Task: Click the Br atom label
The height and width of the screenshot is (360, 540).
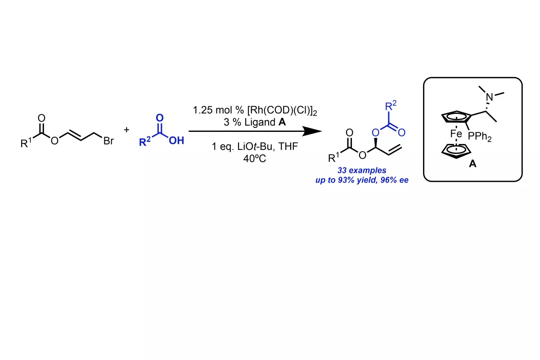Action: (x=108, y=140)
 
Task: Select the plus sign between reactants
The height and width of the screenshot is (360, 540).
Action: (x=126, y=130)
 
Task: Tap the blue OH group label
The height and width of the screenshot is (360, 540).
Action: (x=176, y=140)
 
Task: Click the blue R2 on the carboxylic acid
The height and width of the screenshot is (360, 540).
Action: (x=145, y=141)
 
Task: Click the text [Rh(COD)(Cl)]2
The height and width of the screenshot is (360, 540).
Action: (x=282, y=111)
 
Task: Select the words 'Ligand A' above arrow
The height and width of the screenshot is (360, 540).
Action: (x=265, y=122)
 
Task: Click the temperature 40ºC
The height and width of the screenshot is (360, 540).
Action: (x=255, y=158)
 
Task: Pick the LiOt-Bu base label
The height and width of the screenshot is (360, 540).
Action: (x=256, y=146)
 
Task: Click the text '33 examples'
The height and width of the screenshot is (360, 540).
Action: (x=362, y=171)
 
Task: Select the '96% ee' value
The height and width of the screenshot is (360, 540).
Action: (x=394, y=180)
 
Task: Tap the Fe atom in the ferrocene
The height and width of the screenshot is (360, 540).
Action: (x=456, y=134)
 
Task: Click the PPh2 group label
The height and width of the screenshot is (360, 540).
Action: (x=480, y=137)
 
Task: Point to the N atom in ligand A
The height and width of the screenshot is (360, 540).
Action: (x=490, y=97)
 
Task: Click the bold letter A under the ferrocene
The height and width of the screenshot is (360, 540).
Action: (x=472, y=164)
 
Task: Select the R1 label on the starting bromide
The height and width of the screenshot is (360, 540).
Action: (x=26, y=143)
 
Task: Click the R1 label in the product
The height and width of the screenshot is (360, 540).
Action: (x=333, y=157)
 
